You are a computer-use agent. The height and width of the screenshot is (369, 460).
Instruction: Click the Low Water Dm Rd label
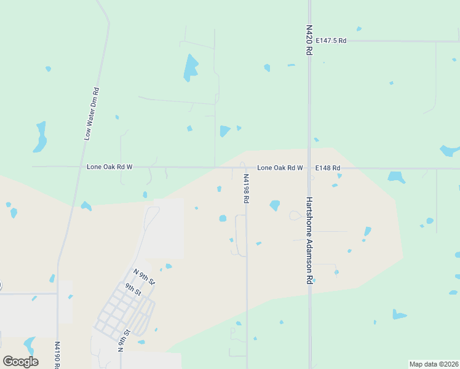pyautogui.click(x=92, y=114)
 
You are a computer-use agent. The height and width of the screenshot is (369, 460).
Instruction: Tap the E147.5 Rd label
pyautogui.click(x=331, y=41)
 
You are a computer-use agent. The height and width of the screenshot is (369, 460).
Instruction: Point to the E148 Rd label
pyautogui.click(x=328, y=167)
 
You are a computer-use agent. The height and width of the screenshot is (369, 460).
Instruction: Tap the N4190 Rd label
pyautogui.click(x=57, y=355)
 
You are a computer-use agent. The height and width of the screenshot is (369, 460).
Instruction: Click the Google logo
pyautogui.click(x=20, y=361)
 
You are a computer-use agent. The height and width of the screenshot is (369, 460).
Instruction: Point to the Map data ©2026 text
pyautogui.click(x=434, y=364)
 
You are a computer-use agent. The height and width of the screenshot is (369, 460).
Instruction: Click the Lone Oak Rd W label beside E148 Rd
pyautogui.click(x=280, y=167)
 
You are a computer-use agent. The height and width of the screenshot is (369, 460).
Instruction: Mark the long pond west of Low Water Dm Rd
pyautogui.click(x=41, y=137)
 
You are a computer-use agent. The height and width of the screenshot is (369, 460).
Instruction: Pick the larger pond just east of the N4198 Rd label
pyautogui.click(x=274, y=205)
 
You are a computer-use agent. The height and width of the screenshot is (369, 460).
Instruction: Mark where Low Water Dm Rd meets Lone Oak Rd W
pyautogui.click(x=78, y=167)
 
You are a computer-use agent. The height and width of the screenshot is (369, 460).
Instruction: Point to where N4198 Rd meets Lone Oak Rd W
pyautogui.click(x=246, y=167)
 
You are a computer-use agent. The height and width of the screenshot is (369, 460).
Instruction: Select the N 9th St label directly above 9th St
pyautogui.click(x=145, y=277)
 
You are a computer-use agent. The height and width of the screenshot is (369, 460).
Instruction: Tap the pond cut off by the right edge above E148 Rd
pyautogui.click(x=451, y=150)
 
